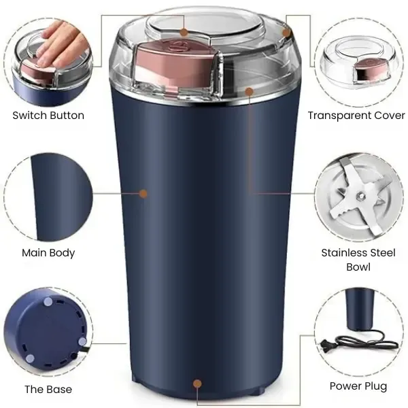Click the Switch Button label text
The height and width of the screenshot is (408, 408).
(x=48, y=115)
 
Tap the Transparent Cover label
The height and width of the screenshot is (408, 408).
(x=356, y=115)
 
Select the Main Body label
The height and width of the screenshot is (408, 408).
(x=48, y=252)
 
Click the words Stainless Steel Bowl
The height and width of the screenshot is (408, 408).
(x=358, y=259)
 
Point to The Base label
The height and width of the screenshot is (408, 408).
(x=48, y=390)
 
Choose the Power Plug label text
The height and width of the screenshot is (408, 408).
(x=358, y=386)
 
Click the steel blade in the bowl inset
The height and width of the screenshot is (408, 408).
(x=358, y=197)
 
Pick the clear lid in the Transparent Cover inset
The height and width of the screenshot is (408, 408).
(x=356, y=54)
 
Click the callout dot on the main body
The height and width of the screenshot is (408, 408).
(x=143, y=194)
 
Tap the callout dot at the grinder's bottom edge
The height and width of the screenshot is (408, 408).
(x=197, y=384)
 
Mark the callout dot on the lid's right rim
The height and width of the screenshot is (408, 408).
(x=286, y=31)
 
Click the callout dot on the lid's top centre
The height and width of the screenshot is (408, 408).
(x=184, y=31)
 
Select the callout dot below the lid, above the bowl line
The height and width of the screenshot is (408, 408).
(x=250, y=90)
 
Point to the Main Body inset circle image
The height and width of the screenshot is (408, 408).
(x=48, y=194)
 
